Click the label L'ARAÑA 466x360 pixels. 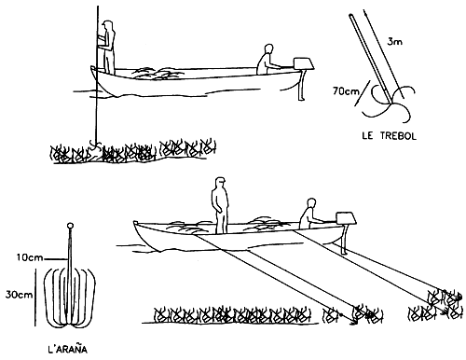pyautogui.click(x=71, y=352)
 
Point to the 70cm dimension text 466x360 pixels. pyautogui.click(x=355, y=91)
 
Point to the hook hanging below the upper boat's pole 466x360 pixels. pyautogui.click(x=94, y=144)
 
